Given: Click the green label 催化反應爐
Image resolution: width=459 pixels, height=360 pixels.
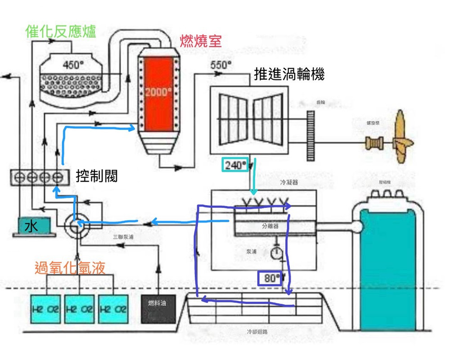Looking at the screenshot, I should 61,32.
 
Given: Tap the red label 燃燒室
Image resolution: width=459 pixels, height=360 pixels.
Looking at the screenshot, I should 201,41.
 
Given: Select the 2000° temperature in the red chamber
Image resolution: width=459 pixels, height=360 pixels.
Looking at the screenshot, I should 158,92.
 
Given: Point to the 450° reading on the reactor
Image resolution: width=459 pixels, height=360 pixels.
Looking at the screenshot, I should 73,65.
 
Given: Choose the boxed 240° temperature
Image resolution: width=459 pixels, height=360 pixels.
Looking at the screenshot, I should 234,166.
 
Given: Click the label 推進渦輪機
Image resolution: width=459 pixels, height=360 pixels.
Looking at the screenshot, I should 289,74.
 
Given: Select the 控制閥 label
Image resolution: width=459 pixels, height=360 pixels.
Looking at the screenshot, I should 97,176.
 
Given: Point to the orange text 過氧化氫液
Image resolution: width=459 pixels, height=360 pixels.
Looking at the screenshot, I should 70,268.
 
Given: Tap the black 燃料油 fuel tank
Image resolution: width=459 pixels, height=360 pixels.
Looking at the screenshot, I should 157,308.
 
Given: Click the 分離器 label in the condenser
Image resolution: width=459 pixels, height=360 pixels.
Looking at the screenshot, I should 270,226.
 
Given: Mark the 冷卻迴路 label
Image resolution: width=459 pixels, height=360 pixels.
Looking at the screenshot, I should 257,332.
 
